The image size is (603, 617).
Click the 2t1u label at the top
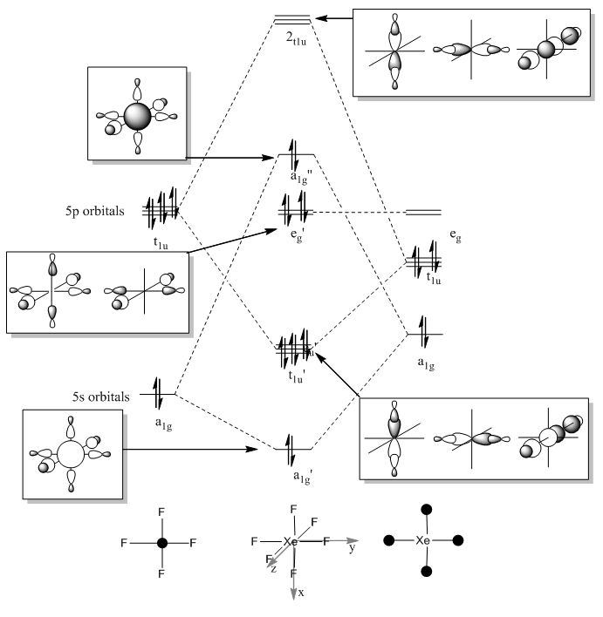[x=296, y=39]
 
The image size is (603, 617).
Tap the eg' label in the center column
[x=298, y=235]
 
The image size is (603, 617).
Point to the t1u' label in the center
[x=297, y=376]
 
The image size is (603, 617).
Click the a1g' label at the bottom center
[x=303, y=477]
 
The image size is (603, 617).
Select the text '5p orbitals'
[x=94, y=211]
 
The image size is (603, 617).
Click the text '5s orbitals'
[x=101, y=397]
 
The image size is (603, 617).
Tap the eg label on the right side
[x=456, y=235]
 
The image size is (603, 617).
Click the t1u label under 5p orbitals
[x=161, y=243]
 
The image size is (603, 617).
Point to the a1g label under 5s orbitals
[x=163, y=424]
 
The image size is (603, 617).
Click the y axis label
[x=353, y=547]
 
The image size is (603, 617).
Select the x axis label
[x=301, y=593]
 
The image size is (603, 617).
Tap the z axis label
[x=273, y=568]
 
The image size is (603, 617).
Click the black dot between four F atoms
[x=162, y=543]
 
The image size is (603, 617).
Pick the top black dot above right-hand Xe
[x=427, y=510]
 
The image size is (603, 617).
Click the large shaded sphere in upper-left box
[x=137, y=117]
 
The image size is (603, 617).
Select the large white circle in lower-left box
[x=71, y=455]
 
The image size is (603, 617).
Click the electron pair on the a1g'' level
[x=293, y=154]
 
